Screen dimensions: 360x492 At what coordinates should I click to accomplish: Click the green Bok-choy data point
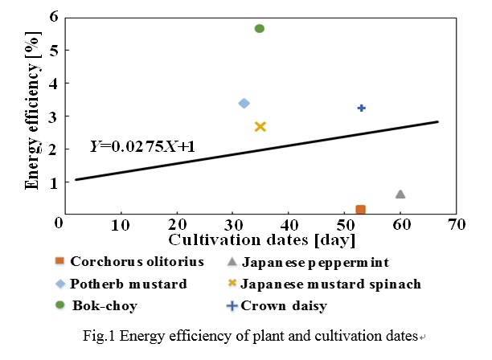coord(260,28)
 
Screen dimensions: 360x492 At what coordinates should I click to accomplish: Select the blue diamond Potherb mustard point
coord(244,103)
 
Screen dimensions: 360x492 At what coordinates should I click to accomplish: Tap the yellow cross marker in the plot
coord(260,126)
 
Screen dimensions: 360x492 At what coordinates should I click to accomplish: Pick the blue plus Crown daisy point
coord(362,108)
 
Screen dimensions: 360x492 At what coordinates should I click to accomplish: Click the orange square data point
coord(361,210)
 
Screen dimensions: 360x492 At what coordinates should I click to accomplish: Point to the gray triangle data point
coord(400,194)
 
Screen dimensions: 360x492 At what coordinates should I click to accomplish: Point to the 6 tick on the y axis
coord(53,16)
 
